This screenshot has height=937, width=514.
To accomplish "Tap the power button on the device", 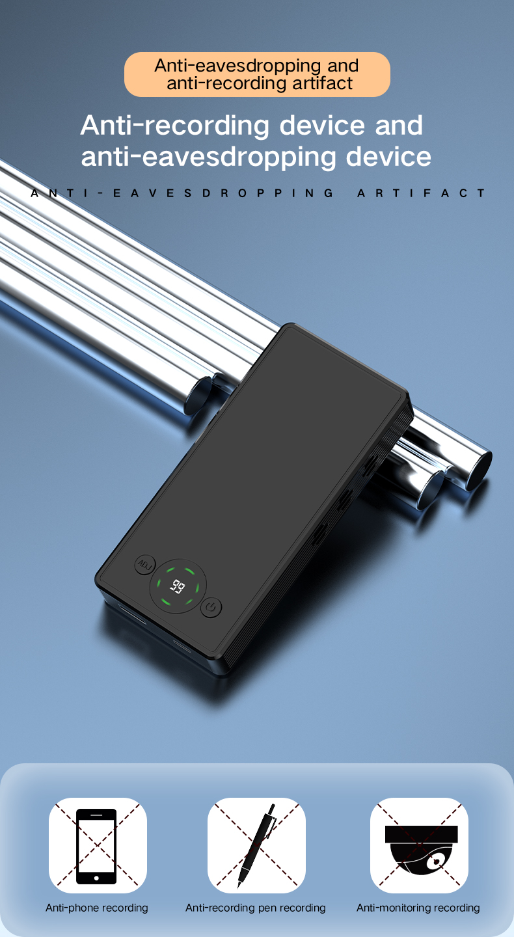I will pyautogui.click(x=210, y=608).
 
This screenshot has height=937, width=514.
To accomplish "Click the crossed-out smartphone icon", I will pyautogui.click(x=97, y=845).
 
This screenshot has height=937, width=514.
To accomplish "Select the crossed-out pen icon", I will pyautogui.click(x=256, y=845).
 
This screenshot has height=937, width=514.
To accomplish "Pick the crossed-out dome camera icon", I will pyautogui.click(x=419, y=845).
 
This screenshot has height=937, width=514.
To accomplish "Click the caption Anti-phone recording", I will pyautogui.click(x=97, y=908).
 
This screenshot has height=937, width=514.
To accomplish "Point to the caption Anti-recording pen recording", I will pyautogui.click(x=256, y=908).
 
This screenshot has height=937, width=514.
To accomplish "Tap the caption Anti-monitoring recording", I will pyautogui.click(x=418, y=908).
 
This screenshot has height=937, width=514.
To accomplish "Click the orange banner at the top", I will pyautogui.click(x=257, y=74).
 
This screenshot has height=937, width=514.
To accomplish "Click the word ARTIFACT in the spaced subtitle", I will pyautogui.click(x=421, y=193).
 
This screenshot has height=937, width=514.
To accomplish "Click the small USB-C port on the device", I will pyautogui.click(x=180, y=644).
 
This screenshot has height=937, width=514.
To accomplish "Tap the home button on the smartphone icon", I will pyautogui.click(x=96, y=878).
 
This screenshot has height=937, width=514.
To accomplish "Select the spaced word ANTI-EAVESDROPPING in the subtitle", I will pyautogui.click(x=182, y=193).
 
